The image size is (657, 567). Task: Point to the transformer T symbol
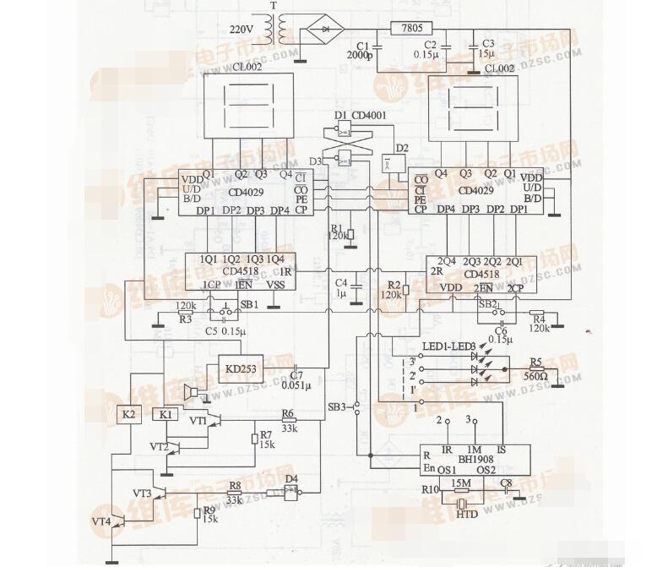pyautogui.click(x=272, y=31)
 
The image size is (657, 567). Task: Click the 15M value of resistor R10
pyautogui.click(x=461, y=483)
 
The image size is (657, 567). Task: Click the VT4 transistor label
pyautogui.click(x=101, y=522)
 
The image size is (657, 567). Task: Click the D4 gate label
pyautogui.click(x=291, y=479)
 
